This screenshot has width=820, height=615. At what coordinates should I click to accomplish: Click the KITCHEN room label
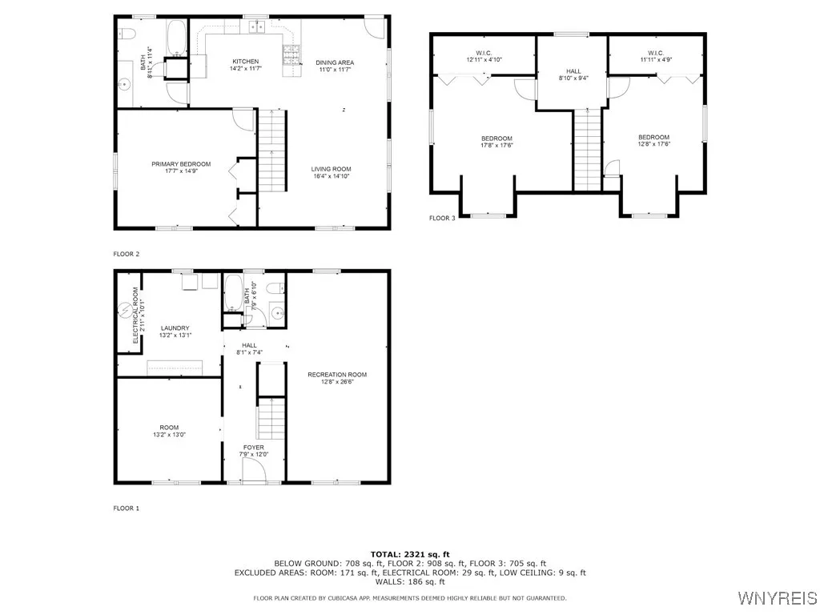(x=246, y=62)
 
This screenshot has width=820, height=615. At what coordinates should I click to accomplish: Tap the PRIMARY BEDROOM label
(x=181, y=164)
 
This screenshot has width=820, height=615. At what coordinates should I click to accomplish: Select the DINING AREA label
(x=334, y=62)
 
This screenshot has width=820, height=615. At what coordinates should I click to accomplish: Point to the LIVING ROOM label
(x=331, y=169)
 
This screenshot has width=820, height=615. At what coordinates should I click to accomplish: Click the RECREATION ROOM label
(x=337, y=375)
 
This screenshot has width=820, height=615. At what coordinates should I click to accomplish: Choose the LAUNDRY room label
(x=175, y=328)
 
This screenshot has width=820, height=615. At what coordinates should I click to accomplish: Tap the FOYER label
(x=253, y=448)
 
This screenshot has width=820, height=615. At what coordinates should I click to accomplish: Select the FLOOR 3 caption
(x=442, y=218)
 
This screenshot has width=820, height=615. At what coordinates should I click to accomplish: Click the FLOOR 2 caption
(x=127, y=254)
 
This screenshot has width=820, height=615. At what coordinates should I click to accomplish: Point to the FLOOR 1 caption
(x=127, y=508)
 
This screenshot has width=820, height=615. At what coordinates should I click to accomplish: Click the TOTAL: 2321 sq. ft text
(x=410, y=554)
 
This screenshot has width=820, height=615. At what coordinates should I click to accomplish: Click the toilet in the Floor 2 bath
(x=125, y=33)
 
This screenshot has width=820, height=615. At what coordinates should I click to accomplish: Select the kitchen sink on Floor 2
(x=256, y=27)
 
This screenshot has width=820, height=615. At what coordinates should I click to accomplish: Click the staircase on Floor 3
(x=588, y=150)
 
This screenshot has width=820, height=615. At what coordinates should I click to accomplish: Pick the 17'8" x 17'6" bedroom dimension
(x=496, y=146)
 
